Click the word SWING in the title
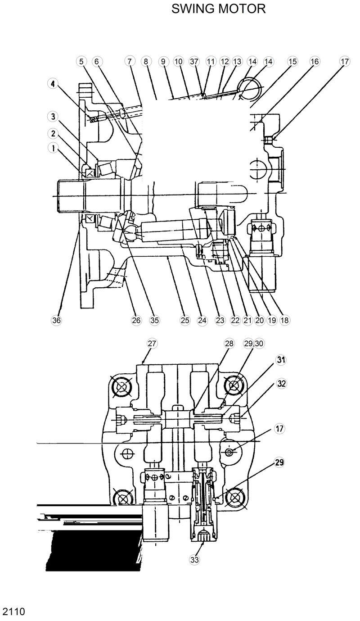[193, 9]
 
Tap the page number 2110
[13, 611]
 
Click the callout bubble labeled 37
[194, 62]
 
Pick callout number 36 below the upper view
[56, 320]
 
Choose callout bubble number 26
[136, 320]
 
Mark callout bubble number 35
[155, 320]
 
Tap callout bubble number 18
[284, 320]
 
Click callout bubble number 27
[152, 344]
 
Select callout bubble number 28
[229, 344]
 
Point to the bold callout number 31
[281, 360]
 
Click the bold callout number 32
[281, 384]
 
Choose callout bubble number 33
[194, 560]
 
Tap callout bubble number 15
[292, 62]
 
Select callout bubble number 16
[314, 62]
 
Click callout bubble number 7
[129, 62]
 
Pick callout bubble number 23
[220, 320]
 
